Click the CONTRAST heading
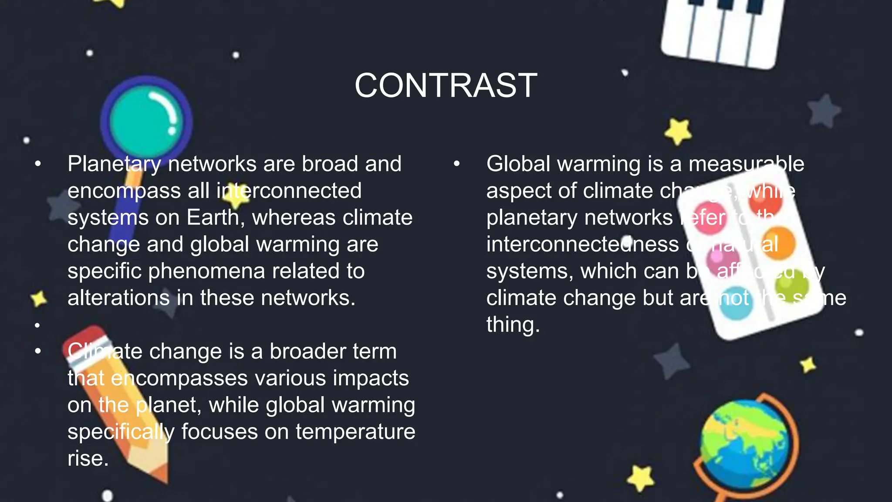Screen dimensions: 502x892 coord(446,85)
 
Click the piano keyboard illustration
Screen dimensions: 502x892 coord(723,31)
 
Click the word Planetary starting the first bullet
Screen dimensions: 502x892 coord(114,164)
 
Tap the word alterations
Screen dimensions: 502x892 coord(118,298)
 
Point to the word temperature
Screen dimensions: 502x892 coord(355,432)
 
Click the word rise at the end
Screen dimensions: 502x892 coord(88,458)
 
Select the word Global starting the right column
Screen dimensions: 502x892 coord(518,164)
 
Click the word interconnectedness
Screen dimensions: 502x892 coord(582,244)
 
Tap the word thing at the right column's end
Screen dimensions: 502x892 coord(513,325)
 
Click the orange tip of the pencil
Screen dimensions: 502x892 coord(159,473)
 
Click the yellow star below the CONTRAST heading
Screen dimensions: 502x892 coord(678,131)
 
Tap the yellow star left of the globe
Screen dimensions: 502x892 coord(641,478)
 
